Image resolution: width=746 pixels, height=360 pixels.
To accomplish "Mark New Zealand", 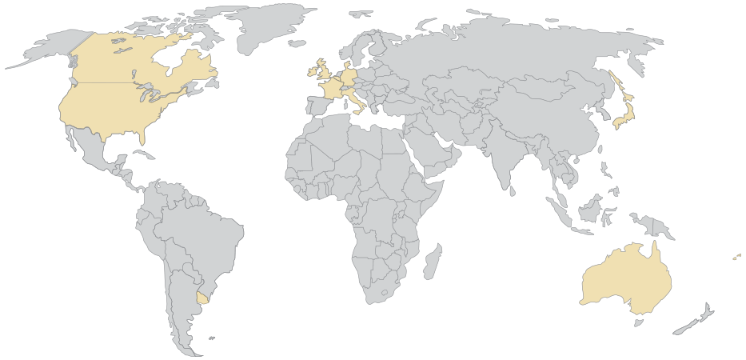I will (x=701, y=316).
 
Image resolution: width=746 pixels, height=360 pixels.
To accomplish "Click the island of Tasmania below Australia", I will (x=638, y=322).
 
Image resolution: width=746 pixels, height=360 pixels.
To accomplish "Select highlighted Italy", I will (x=358, y=102).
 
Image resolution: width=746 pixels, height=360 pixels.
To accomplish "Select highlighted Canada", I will (x=136, y=60).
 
